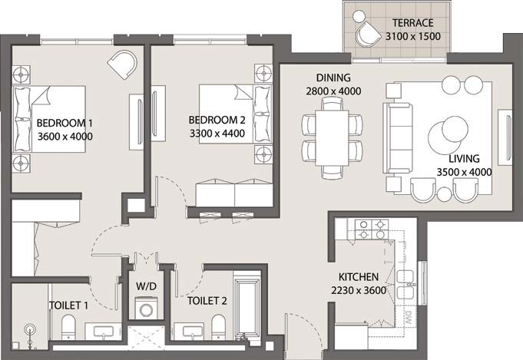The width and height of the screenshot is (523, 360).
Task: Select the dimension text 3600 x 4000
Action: [x=65, y=137]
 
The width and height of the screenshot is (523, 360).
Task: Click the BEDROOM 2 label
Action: [x=217, y=120]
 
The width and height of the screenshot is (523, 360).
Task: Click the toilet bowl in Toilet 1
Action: [x=66, y=327]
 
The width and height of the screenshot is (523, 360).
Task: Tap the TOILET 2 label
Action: [x=207, y=301]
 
